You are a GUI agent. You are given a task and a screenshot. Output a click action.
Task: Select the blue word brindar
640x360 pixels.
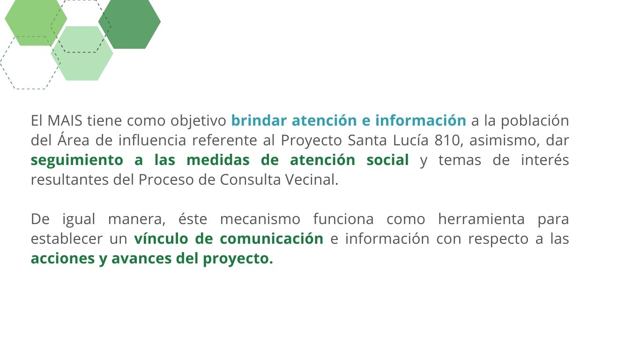[x=259, y=120]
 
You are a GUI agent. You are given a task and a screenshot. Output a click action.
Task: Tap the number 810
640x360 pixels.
[x=447, y=140]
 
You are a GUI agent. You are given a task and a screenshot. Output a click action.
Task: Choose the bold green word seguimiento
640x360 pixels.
[x=77, y=160]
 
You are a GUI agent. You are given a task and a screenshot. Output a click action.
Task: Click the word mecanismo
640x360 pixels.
[x=260, y=219]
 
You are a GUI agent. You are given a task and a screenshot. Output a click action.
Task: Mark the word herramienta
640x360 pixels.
[x=482, y=219]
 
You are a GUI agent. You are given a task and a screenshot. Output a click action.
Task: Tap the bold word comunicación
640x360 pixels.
[x=271, y=239]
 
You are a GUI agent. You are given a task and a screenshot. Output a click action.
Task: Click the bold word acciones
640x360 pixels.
[x=63, y=258]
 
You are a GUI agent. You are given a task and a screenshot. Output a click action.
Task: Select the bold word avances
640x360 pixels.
[x=141, y=258]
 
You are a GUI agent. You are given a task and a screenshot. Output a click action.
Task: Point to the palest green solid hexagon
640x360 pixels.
[x=82, y=53]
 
